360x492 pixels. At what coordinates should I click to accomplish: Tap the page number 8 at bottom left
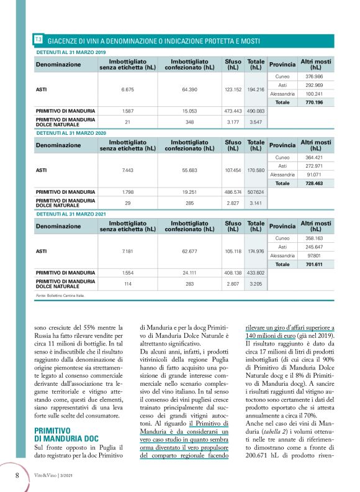pos(17,475)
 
